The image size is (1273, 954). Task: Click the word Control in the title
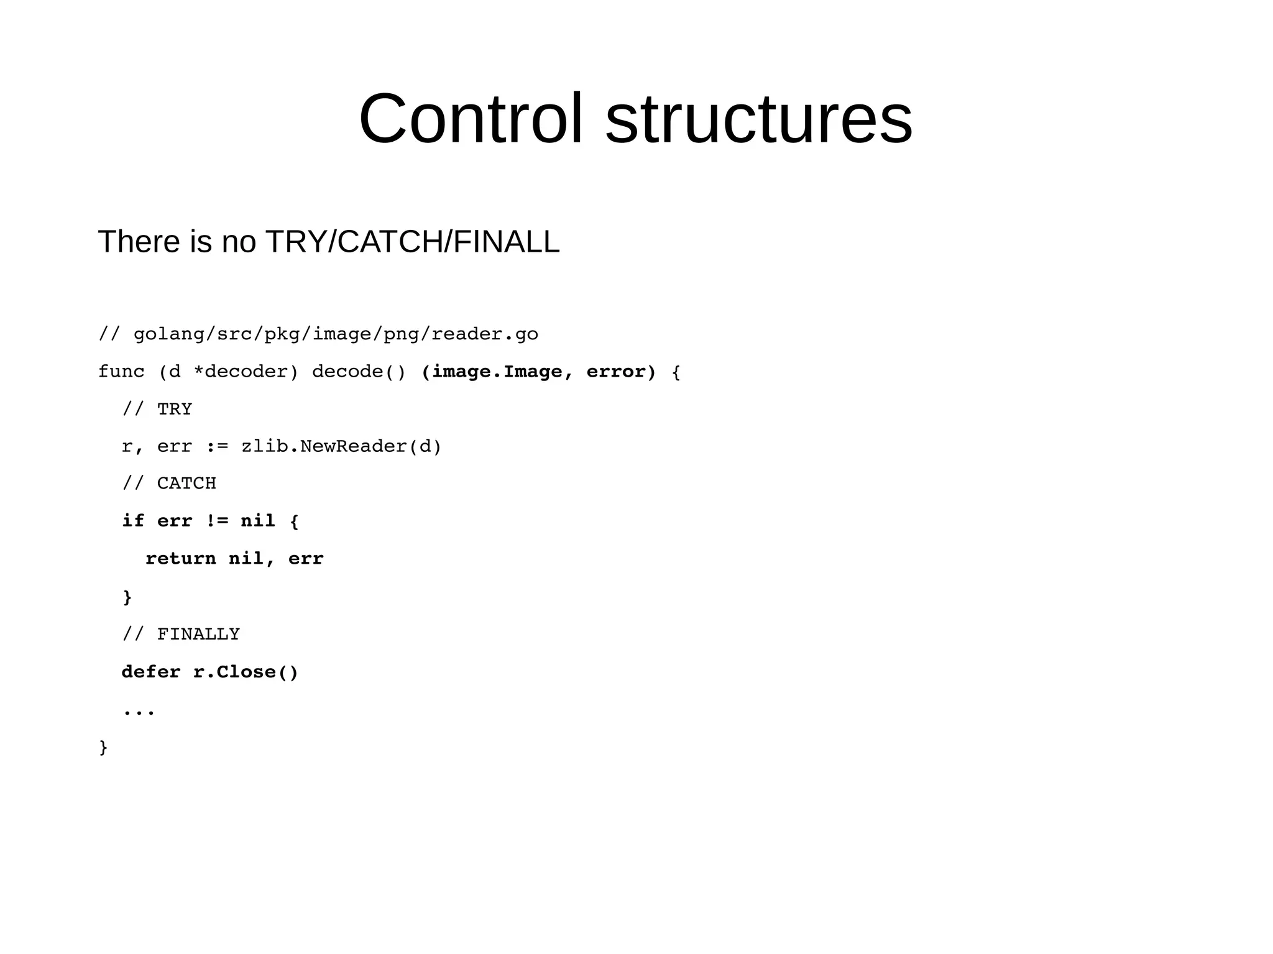[471, 119]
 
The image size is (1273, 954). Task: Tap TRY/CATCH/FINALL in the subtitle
[412, 242]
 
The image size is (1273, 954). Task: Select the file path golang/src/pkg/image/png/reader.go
[336, 334]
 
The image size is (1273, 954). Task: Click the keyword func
[121, 372]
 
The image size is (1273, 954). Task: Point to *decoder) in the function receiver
[246, 372]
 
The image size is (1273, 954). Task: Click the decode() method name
[359, 372]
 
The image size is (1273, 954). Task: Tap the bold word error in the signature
[616, 372]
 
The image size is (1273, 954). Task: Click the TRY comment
[175, 409]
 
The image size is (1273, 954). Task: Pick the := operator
[217, 446]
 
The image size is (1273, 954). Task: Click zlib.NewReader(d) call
[341, 446]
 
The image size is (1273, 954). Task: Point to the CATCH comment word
[186, 483]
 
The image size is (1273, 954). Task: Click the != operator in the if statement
[217, 521]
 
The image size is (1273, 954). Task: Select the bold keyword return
[181, 558]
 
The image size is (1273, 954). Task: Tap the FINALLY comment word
[198, 634]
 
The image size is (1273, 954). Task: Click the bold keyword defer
[151, 672]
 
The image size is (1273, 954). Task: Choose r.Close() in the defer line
[246, 672]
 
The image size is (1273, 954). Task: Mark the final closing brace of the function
[104, 747]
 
